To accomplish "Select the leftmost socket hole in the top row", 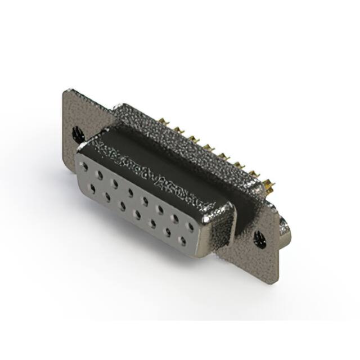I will [84, 166].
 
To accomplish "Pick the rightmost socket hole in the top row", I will [191, 227].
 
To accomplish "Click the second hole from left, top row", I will [100, 175].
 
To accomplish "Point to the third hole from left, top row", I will [115, 183].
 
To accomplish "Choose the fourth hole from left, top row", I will [130, 192].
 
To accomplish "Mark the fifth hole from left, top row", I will [145, 201].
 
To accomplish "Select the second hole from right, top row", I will [175, 218].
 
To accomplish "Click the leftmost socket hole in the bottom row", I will [92, 187].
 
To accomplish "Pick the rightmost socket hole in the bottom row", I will [182, 240].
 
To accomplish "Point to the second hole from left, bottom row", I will [107, 196].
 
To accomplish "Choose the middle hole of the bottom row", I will [137, 213].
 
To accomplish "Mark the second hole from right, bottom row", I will [168, 231].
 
